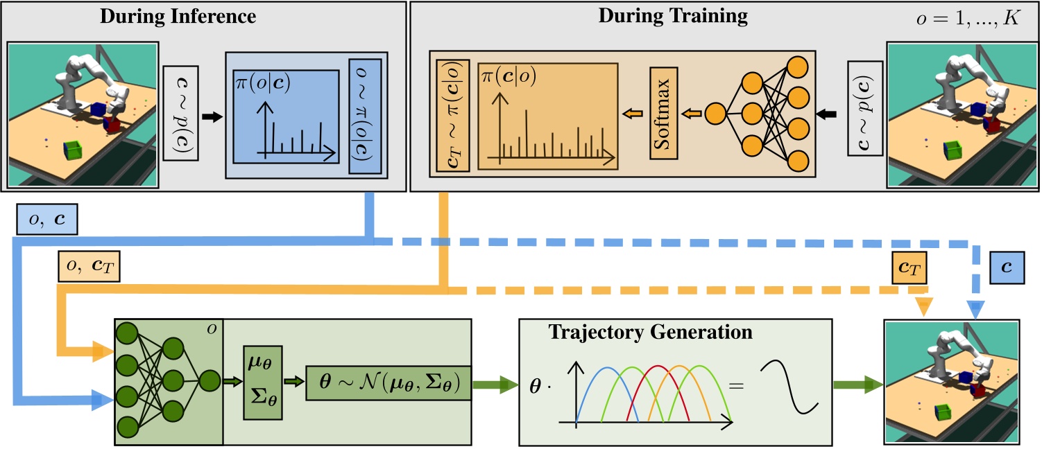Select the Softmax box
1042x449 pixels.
(663, 114)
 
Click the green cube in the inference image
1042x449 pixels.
(72, 150)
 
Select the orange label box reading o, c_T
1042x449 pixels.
(90, 267)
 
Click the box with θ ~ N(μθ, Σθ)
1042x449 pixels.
(389, 383)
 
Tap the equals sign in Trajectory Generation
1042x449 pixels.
(735, 383)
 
